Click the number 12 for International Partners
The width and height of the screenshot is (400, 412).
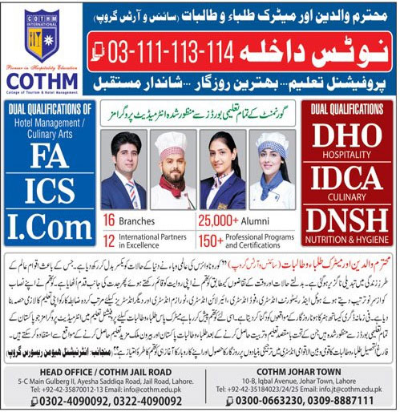click(x=110, y=239)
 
